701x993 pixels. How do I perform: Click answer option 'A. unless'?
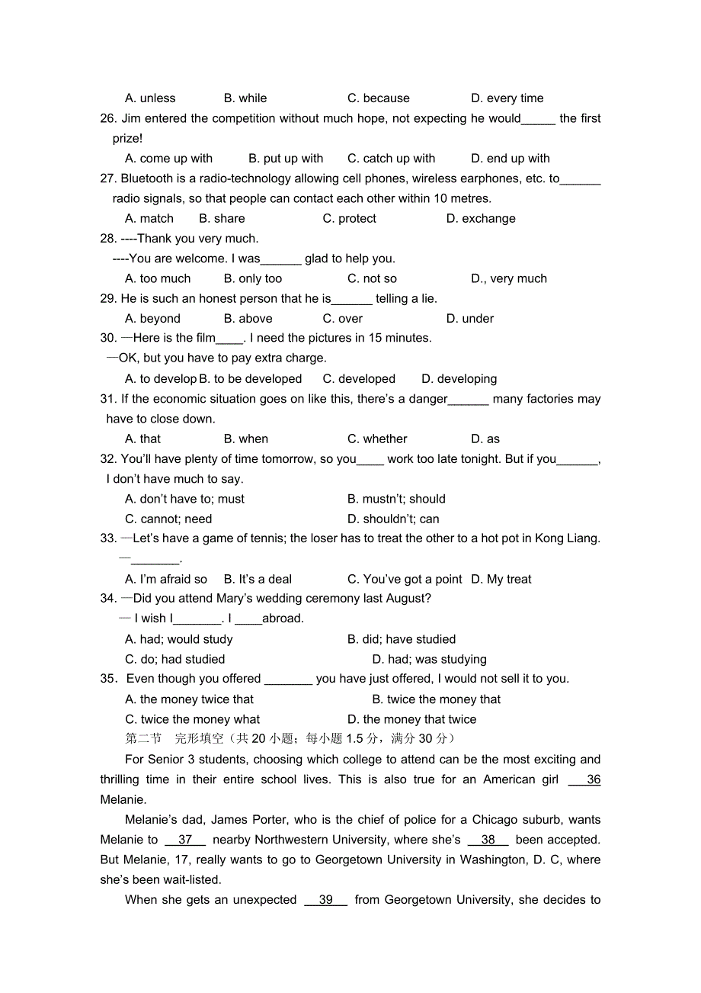150,98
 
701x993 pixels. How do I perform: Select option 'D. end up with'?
510,159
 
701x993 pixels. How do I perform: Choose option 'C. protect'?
349,219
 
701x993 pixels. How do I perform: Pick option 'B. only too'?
253,279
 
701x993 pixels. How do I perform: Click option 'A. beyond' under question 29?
152,319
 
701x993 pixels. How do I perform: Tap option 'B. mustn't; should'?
396,500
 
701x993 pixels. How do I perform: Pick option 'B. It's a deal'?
258,580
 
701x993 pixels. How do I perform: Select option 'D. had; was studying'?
429,660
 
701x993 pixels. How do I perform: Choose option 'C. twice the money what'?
192,720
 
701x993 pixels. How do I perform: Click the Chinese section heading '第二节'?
143,738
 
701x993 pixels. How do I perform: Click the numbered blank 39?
325,900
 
